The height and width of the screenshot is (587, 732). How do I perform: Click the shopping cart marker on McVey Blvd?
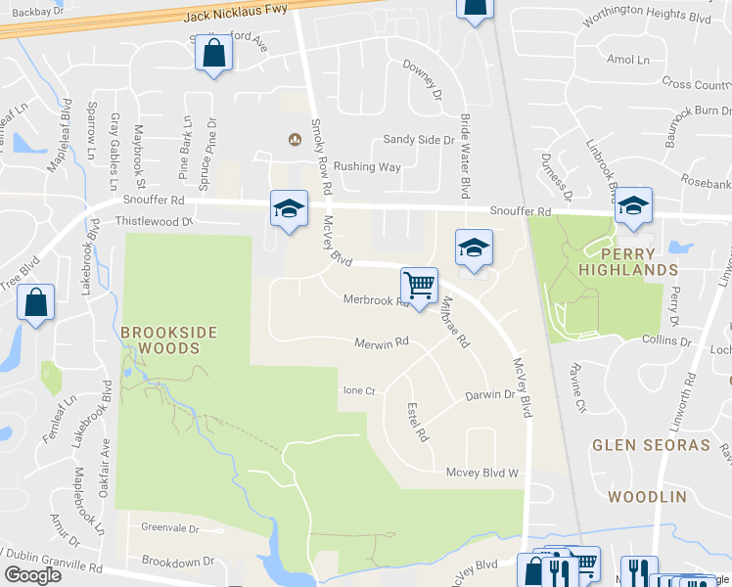point(419,287)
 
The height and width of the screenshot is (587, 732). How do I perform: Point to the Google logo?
point(32,574)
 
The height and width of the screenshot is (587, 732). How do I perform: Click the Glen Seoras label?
point(651,445)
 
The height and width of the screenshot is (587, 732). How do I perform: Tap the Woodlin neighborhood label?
point(647,497)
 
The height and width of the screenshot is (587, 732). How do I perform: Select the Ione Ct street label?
point(359,390)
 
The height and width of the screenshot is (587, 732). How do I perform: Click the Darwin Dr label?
point(489,395)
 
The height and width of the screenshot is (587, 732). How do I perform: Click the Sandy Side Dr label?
point(418,140)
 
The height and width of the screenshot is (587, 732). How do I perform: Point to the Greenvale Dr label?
point(169,527)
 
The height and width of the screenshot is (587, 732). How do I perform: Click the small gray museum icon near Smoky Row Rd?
point(294,139)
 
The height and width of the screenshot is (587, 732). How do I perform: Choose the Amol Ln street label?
point(627,60)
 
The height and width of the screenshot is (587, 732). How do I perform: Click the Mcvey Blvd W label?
point(480,473)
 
